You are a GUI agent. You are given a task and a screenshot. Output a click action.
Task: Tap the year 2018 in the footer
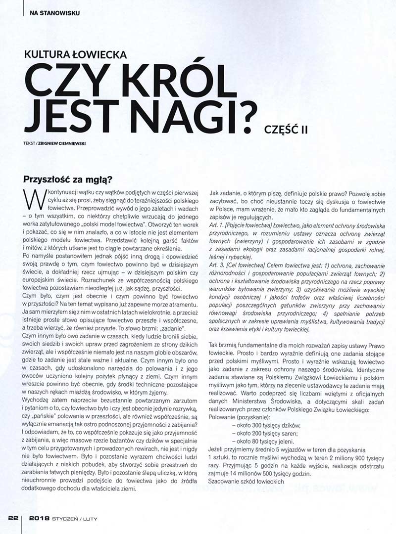(x=39, y=519)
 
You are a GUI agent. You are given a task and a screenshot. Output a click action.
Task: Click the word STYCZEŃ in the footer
(x=65, y=519)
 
